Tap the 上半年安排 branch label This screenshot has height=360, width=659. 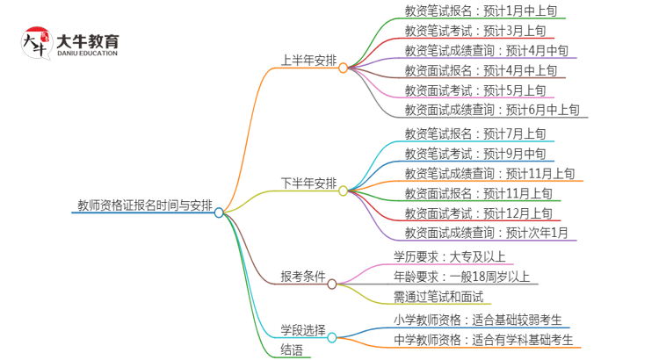point(308,61)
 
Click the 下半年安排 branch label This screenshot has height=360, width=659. point(308,184)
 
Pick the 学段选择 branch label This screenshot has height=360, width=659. point(303,330)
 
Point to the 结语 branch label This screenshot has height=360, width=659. point(292,349)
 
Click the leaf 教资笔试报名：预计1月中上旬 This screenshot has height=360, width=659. point(480,11)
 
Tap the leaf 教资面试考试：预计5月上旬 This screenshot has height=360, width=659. point(474,90)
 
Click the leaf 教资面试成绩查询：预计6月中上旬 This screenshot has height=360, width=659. point(491,110)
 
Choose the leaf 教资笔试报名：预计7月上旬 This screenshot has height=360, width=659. point(474,134)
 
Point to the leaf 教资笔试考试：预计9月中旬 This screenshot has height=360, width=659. point(474,154)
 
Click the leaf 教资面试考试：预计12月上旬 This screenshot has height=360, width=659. point(478,213)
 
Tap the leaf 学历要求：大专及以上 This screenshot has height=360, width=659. point(449,257)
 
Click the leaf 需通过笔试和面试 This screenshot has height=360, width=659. point(438,297)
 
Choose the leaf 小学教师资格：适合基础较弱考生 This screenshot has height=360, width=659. point(478,320)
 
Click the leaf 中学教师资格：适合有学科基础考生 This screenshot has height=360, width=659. point(484,340)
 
